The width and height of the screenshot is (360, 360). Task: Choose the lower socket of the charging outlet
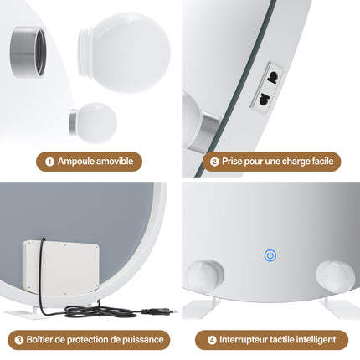click(264, 97)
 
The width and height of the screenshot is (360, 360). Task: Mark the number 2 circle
click(214, 161)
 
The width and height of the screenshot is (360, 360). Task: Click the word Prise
click(234, 161)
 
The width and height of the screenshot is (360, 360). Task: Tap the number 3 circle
click(19, 340)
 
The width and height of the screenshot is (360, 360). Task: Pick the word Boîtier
click(41, 340)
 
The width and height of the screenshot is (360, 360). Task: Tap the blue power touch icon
click(270, 255)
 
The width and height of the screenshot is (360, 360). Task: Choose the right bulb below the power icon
click(334, 277)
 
